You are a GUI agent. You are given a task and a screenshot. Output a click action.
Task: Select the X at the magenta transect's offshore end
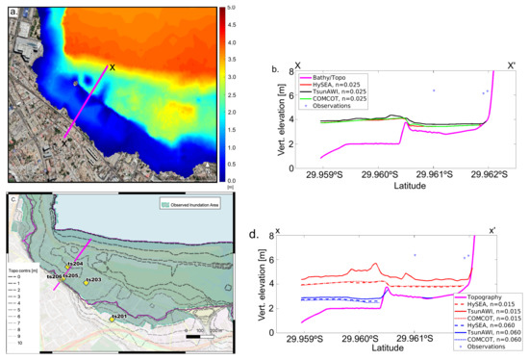click(113, 67)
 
